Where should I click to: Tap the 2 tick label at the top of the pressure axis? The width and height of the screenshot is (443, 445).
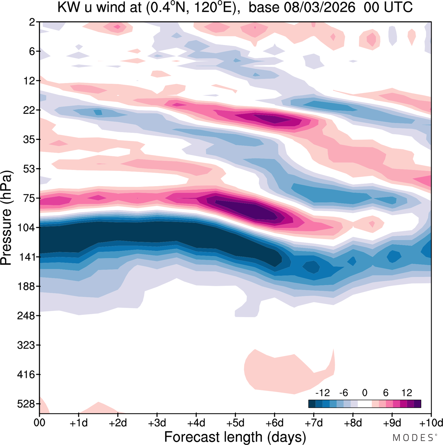coord(32,22)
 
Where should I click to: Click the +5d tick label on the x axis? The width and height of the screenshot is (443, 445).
coord(235,423)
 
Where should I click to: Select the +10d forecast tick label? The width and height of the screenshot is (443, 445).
coord(431,423)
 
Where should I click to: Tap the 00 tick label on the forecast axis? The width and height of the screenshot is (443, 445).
coord(39,423)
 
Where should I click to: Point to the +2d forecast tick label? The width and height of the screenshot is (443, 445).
coord(118,423)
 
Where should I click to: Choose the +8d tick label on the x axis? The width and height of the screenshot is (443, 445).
coord(353,423)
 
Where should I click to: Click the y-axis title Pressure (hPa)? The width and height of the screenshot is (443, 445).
coord(6,218)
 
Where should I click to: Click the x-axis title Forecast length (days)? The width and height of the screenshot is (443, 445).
coord(235,437)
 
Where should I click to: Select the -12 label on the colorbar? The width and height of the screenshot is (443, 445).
coord(323,393)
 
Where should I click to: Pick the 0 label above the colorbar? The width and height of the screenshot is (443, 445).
coord(364,393)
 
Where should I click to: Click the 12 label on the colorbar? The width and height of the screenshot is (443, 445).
coord(407,393)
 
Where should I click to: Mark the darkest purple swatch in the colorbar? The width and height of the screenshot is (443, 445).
coord(417,404)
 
